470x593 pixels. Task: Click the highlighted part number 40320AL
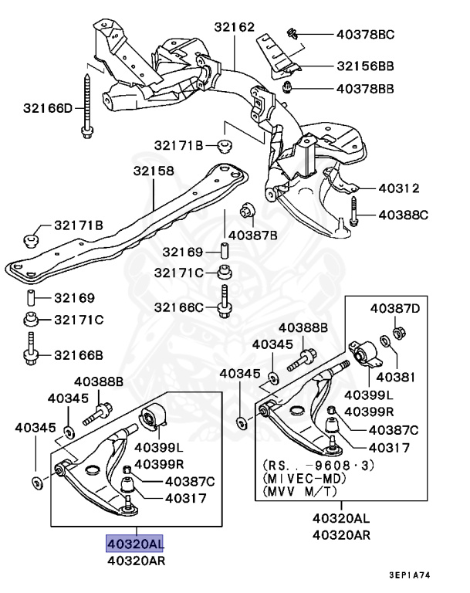135,543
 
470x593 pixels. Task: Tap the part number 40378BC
365,34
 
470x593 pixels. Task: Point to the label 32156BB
365,66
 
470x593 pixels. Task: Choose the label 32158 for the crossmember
153,171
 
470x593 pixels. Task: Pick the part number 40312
398,188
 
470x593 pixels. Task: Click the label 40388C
401,214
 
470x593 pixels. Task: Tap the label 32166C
178,307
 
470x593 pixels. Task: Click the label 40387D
395,308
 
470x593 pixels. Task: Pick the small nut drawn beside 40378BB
288,86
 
